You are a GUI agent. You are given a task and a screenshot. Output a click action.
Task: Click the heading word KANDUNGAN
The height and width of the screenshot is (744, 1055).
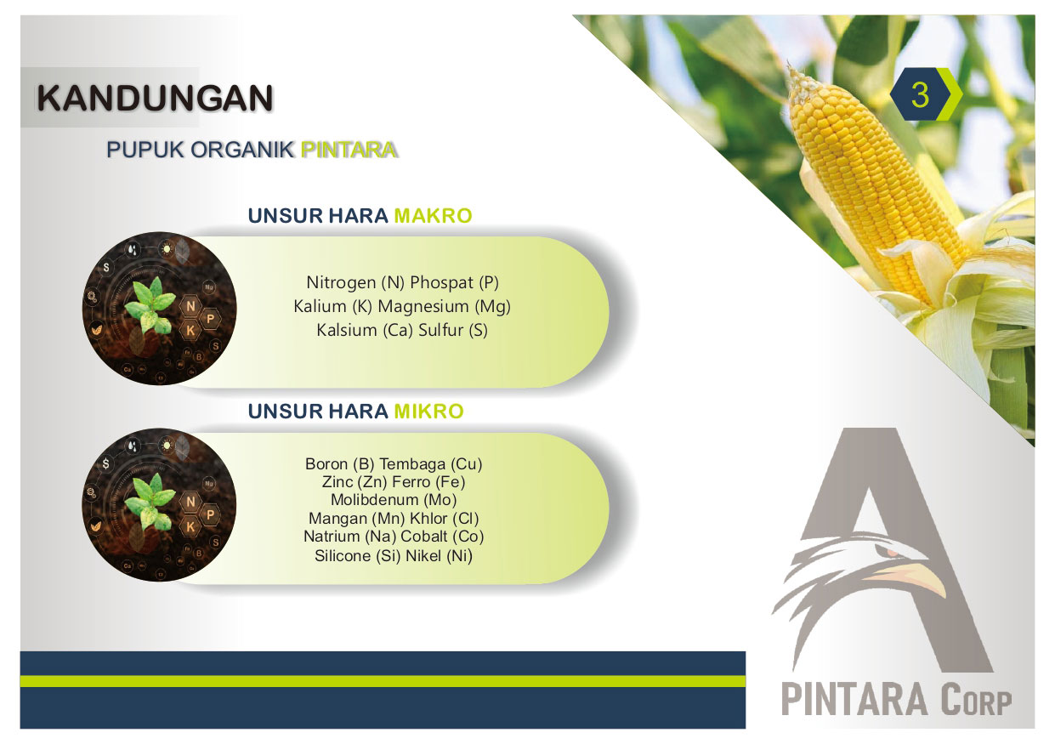[155, 99]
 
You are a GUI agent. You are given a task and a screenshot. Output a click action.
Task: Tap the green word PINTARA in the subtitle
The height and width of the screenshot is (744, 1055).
[349, 150]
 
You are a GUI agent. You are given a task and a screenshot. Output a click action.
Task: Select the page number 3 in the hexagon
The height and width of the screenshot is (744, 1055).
[920, 94]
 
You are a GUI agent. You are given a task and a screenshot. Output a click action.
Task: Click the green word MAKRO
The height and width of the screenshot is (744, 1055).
[433, 216]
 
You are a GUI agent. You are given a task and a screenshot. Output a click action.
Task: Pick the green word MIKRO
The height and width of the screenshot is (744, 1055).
[428, 412]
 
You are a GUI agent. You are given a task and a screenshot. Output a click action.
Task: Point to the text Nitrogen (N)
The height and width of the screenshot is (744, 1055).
[355, 282]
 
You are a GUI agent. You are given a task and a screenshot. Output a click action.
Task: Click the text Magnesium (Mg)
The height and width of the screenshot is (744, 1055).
[444, 306]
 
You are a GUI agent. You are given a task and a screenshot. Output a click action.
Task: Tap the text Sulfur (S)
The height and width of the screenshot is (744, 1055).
[452, 330]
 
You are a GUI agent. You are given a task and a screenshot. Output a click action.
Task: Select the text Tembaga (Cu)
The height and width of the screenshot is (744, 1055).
[430, 464]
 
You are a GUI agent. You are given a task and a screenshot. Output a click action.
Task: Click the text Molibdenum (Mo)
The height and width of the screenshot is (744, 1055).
[394, 499]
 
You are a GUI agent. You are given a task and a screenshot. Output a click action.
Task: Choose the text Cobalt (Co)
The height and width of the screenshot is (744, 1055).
[442, 537]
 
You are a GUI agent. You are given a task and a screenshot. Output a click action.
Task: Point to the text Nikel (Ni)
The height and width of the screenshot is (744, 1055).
[439, 556]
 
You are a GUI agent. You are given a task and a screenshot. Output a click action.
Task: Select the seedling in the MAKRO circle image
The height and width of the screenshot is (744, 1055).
[150, 304]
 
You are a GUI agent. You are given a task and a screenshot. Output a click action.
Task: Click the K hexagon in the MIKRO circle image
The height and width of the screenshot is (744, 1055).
[190, 526]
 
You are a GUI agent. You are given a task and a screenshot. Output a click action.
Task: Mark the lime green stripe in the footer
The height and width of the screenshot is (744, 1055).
[383, 681]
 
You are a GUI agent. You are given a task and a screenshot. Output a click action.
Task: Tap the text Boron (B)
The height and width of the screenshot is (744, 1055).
[339, 464]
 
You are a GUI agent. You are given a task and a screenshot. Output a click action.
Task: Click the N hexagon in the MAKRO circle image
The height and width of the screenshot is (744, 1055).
[190, 306]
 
